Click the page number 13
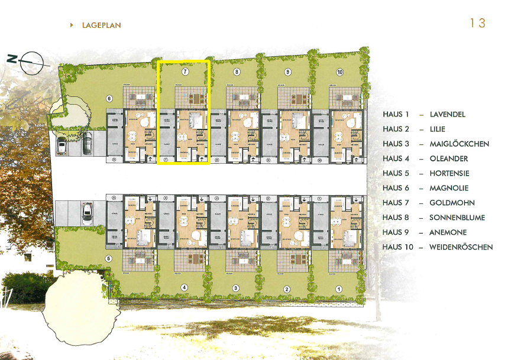477,23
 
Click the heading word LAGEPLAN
102,25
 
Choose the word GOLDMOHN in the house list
449,203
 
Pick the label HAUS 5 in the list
396,173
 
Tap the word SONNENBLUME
457,218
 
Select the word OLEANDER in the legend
448,158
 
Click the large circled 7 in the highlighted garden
185,72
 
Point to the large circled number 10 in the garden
339,72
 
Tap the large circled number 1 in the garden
339,289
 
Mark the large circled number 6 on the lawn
109,99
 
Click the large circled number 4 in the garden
184,288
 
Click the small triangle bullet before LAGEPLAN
72,25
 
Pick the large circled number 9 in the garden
288,72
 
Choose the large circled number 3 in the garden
236,288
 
